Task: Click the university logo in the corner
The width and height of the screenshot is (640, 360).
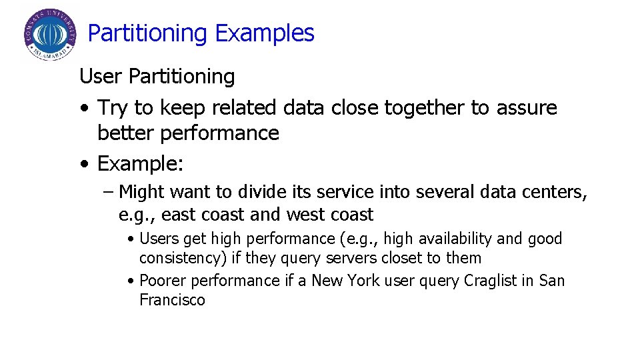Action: [50, 34]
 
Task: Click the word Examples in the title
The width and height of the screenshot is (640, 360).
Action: [265, 33]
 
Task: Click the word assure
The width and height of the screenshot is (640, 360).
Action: [527, 108]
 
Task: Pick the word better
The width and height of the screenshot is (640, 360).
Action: [127, 133]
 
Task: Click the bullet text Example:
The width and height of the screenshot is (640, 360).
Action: [140, 163]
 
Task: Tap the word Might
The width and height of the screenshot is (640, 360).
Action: [142, 193]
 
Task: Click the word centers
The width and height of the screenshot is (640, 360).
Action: [556, 193]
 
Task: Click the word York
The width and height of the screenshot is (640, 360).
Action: [361, 281]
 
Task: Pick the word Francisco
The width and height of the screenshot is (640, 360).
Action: [172, 300]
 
